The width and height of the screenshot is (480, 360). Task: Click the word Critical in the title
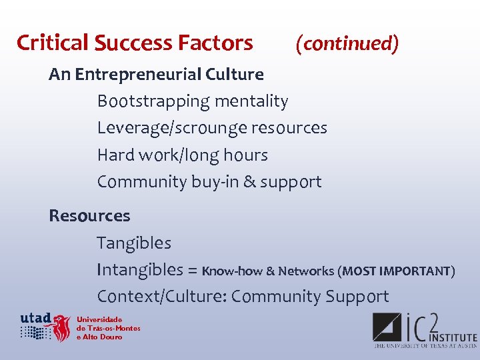pos(53,43)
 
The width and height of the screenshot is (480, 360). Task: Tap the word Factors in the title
pos(215,43)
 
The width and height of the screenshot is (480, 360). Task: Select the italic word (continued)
pos(347,43)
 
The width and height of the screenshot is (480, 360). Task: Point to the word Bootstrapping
pos(153,101)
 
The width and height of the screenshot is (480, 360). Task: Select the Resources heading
pos(89,216)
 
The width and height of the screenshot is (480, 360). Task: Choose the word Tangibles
pos(134,243)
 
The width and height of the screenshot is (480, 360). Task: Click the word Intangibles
pos(140,269)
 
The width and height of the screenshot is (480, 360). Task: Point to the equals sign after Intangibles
pos(192,271)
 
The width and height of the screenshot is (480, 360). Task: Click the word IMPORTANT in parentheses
pos(417,271)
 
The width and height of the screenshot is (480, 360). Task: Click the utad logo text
pos(36,317)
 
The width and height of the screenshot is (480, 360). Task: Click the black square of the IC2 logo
pos(387,329)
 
